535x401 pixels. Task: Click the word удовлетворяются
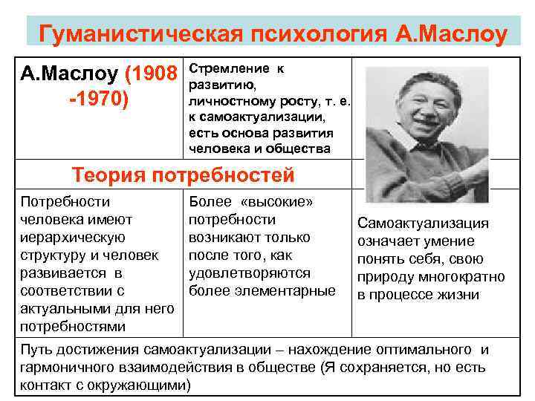tap(250, 273)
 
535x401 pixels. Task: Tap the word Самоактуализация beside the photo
tap(423, 224)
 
